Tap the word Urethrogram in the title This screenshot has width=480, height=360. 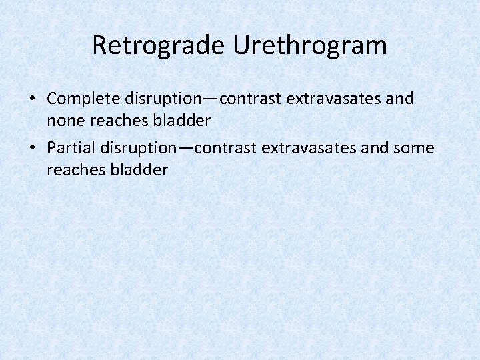310,46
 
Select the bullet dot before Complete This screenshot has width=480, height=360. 32,99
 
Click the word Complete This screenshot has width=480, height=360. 75,99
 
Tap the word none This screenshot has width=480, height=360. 63,121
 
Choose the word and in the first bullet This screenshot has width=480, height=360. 401,99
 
